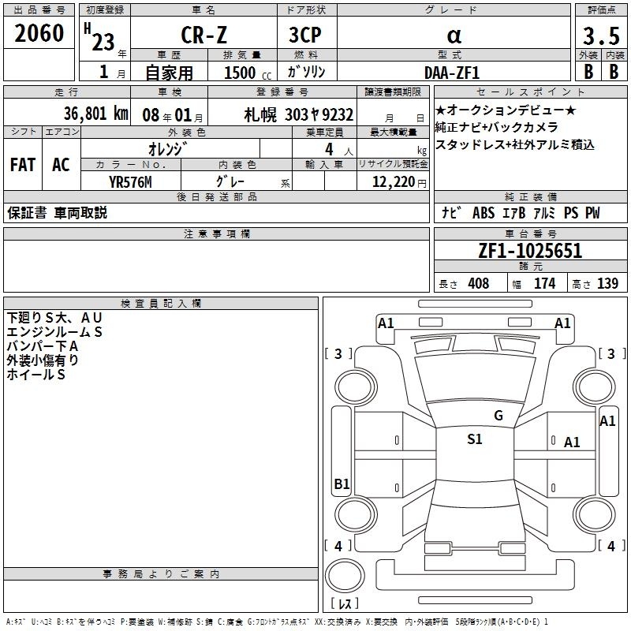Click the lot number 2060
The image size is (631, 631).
39,33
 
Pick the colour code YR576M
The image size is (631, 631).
130,181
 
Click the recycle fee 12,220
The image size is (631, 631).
393,181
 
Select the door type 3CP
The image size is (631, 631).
306,35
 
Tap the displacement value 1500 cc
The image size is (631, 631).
245,72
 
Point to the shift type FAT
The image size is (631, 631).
22,165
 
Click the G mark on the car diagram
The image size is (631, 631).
498,416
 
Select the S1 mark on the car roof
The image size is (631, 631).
474,439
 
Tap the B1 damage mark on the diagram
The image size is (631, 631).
342,484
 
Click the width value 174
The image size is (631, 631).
544,284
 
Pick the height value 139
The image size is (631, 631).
607,284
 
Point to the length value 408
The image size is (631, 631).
478,284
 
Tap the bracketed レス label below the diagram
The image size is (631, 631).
345,604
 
